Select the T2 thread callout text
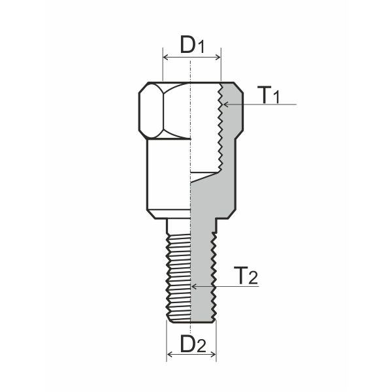point(245,276)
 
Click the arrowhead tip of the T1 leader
point(223,104)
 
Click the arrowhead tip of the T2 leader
point(192,286)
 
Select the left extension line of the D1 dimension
point(161,69)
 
